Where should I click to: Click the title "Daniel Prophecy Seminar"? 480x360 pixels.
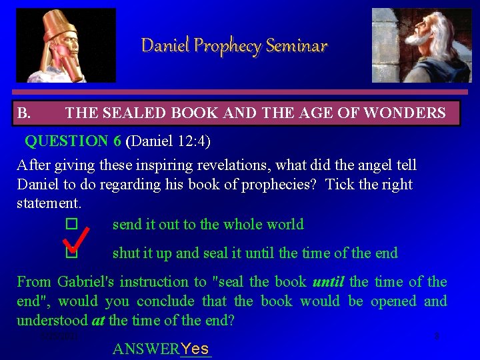(234, 45)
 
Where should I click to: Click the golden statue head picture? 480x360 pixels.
(65, 45)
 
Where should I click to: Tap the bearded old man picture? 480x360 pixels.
(421, 45)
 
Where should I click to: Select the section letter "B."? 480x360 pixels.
(23, 113)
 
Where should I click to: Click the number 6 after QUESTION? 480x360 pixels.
(117, 141)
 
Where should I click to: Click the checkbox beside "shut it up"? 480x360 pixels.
(72, 254)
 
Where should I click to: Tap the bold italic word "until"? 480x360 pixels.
(328, 282)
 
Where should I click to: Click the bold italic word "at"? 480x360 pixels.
(97, 321)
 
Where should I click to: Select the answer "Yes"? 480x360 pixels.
(195, 349)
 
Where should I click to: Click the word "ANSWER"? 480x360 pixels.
(146, 349)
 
